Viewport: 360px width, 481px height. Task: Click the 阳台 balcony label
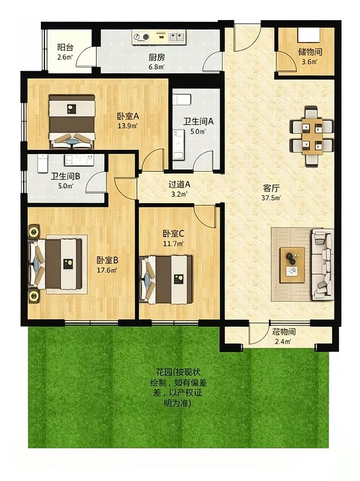tap(65, 47)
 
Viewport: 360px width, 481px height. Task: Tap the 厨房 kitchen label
tap(157, 57)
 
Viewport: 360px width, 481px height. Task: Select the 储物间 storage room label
tap(310, 52)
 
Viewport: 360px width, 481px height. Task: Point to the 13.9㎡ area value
tap(128, 125)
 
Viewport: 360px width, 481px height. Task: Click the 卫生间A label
tap(198, 121)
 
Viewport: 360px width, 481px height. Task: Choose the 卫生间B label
tap(66, 177)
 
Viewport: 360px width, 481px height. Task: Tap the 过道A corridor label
tap(179, 184)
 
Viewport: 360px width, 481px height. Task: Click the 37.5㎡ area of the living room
tap(271, 198)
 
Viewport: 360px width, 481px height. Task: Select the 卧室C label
tap(173, 234)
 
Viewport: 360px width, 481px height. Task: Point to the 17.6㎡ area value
tap(107, 270)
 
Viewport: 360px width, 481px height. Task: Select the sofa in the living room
tap(323, 264)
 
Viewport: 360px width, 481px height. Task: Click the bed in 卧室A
tap(72, 121)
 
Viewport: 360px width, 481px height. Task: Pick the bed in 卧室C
tap(166, 280)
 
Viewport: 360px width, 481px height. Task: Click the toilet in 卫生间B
tap(42, 163)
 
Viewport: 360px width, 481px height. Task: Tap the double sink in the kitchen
tap(177, 37)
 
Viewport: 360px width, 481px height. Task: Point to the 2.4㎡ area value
tap(284, 341)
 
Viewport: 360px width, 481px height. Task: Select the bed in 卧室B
tap(56, 264)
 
